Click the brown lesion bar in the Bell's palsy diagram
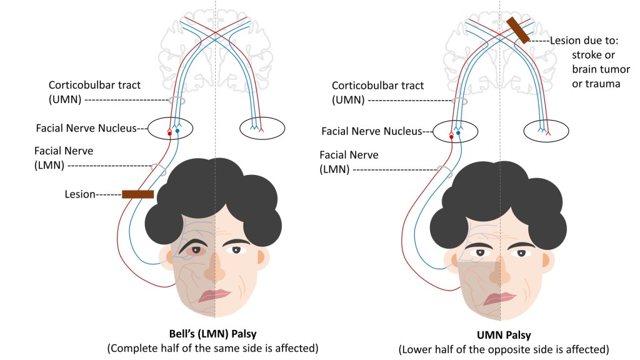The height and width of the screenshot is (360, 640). click(x=137, y=194)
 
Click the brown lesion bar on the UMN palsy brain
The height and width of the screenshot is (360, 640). click(x=517, y=30)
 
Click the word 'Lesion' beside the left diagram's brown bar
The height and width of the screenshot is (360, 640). click(x=79, y=194)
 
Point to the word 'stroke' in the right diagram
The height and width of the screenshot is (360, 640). click(x=587, y=54)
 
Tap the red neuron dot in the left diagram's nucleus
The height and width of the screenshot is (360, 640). click(x=169, y=133)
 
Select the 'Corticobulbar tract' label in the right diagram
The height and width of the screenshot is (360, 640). click(x=377, y=86)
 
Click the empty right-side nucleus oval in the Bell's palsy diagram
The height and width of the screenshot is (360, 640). click(x=262, y=128)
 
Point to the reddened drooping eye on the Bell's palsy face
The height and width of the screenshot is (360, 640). click(x=196, y=251)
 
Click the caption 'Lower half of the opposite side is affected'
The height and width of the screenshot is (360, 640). click(x=504, y=349)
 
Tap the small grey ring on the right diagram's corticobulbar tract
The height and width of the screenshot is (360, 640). click(x=459, y=101)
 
